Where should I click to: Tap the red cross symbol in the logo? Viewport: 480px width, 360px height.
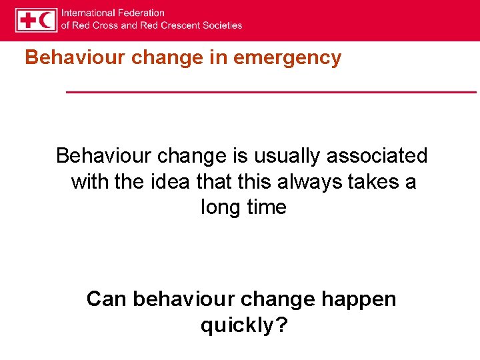[28, 20]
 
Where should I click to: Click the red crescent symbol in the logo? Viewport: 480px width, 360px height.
[46, 20]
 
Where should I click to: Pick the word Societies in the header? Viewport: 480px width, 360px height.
[223, 25]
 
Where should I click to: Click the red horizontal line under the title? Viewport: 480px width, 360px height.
[271, 91]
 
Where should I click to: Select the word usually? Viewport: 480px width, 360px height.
[285, 156]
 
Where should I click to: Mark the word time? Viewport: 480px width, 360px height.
[265, 207]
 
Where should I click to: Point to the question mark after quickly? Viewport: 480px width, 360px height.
[282, 325]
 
